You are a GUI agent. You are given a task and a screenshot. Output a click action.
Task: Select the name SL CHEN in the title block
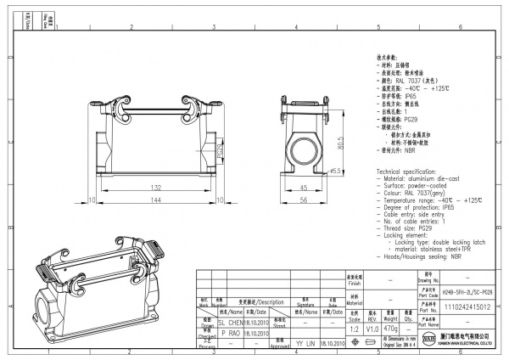click(x=230, y=323)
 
